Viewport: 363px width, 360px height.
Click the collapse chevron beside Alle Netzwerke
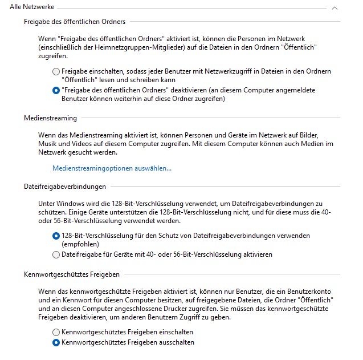(x=335, y=8)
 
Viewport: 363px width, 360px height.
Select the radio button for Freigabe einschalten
(x=56, y=72)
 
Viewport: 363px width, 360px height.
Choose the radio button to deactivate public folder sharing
(x=56, y=90)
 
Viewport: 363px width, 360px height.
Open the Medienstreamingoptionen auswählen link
(x=112, y=168)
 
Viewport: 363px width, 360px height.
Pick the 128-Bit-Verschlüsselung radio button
(x=56, y=236)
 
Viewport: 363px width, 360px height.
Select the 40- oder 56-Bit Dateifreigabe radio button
(x=56, y=254)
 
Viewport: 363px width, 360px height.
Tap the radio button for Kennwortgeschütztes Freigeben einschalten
(x=56, y=332)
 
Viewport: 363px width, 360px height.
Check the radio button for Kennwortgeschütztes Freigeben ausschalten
(x=56, y=343)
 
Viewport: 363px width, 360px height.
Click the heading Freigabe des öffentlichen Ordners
(x=75, y=22)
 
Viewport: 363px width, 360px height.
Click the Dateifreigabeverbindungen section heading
(x=65, y=187)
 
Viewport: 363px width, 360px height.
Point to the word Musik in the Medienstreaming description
(x=49, y=144)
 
